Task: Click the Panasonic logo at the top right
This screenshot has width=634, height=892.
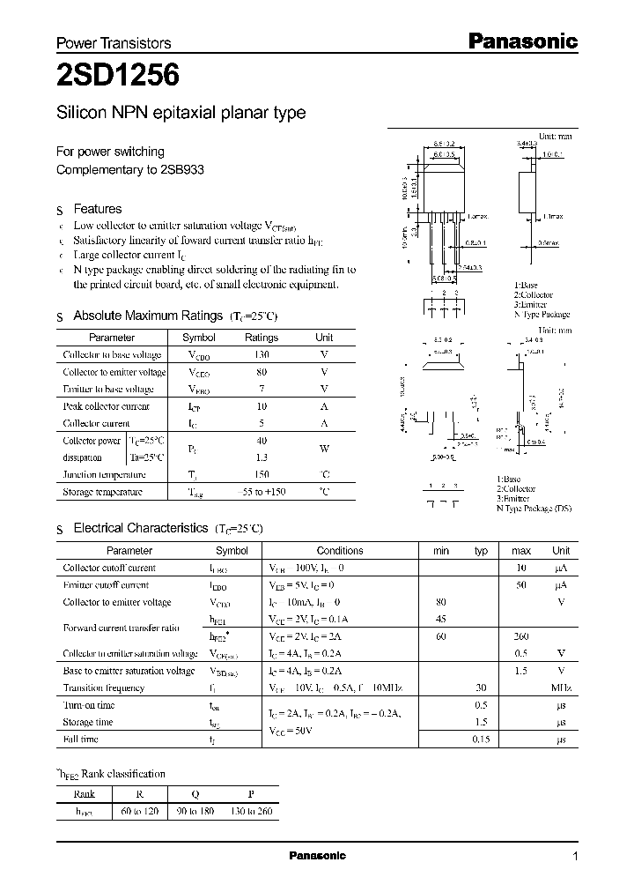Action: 521,41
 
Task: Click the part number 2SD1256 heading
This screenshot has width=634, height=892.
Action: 118,77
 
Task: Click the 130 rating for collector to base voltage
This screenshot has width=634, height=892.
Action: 261,354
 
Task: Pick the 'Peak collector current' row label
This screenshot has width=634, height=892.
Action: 106,406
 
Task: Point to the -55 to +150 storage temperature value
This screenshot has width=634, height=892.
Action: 261,492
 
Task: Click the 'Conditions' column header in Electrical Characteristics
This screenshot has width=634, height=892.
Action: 339,551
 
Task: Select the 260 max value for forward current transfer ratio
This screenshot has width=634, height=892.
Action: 520,636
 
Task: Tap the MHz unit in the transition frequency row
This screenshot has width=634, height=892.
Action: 561,688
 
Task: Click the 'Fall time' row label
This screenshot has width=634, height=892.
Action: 80,739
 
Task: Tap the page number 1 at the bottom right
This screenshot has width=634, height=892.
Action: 575,857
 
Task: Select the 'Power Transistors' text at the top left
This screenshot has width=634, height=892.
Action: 114,43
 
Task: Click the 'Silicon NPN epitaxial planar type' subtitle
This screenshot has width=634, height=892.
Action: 181,113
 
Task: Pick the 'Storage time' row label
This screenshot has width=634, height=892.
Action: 88,722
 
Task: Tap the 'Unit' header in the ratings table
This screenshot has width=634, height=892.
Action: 324,338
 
